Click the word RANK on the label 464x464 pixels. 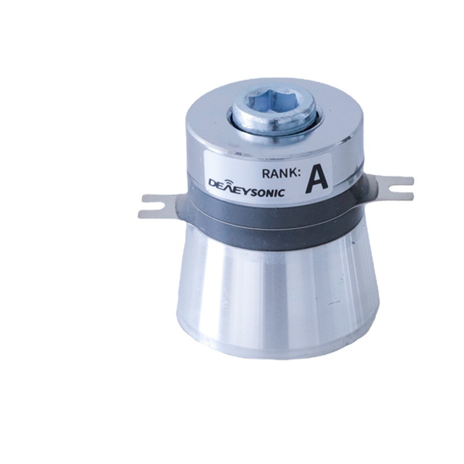[280, 173]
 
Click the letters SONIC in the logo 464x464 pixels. [265, 191]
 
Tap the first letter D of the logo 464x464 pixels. [214, 183]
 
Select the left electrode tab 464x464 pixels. [161, 206]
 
